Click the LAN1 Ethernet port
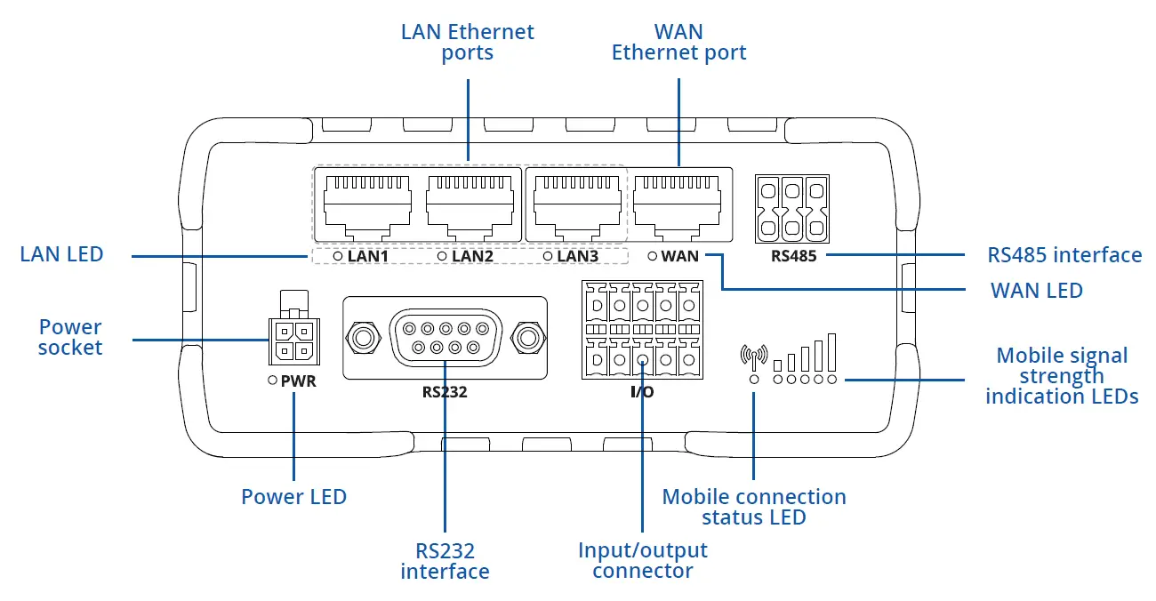[x=367, y=204]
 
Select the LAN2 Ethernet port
[x=470, y=204]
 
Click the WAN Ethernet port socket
[x=678, y=204]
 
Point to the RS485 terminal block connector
[x=791, y=208]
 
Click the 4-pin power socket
[x=292, y=341]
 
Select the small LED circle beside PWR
[x=273, y=381]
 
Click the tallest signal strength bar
[x=831, y=352]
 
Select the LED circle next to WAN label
[x=653, y=256]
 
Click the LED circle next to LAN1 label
[x=338, y=256]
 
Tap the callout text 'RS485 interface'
[x=1064, y=255]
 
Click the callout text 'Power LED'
[x=293, y=496]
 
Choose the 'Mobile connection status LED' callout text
[x=754, y=507]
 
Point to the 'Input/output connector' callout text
[x=642, y=560]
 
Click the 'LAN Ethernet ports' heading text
[x=468, y=42]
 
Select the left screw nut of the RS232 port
[x=362, y=338]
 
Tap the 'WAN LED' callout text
[x=1037, y=290]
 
